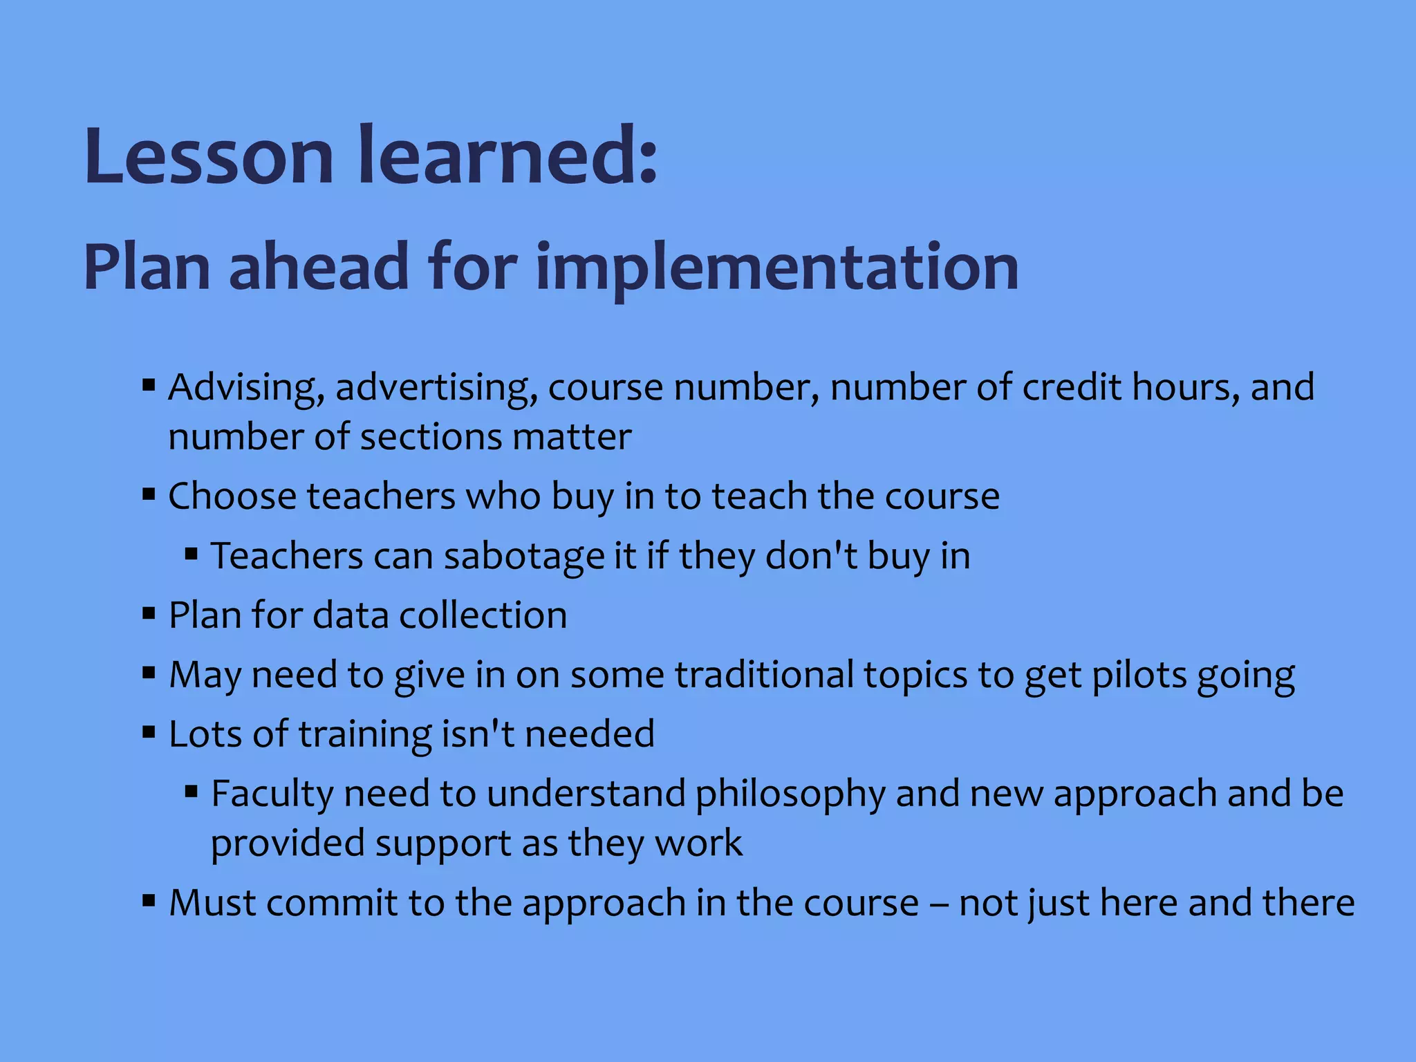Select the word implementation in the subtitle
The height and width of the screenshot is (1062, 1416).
click(x=777, y=268)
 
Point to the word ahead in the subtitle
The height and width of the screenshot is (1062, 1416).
click(x=319, y=267)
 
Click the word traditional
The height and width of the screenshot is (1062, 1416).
click(x=764, y=675)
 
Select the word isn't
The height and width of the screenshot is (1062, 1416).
click(x=478, y=734)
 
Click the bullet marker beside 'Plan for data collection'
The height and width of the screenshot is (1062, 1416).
click(x=149, y=613)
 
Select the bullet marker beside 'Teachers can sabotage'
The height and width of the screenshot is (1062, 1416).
click(x=192, y=554)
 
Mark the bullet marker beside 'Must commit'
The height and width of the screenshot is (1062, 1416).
click(x=149, y=901)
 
